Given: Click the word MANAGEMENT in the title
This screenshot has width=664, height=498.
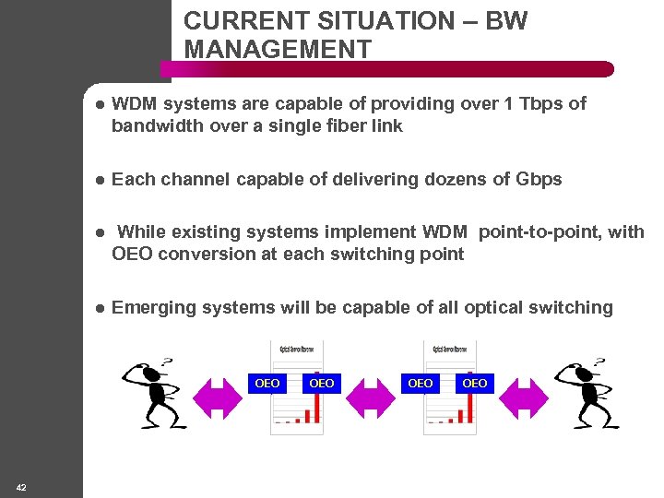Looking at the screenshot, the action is (278, 49).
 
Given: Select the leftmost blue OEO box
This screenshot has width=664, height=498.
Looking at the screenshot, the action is (267, 383).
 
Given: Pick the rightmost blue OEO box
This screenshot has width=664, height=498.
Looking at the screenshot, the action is (475, 383).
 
